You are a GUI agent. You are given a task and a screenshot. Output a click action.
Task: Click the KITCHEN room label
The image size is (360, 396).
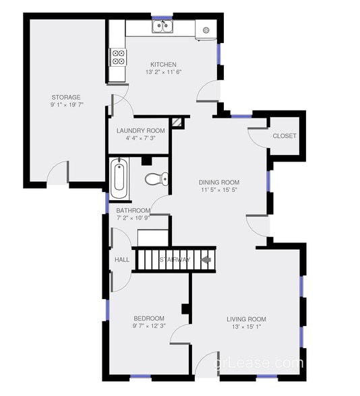click(163, 65)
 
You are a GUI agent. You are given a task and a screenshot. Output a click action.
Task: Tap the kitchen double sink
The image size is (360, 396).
click(162, 27)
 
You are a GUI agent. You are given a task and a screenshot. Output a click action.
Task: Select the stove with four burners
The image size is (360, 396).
click(118, 57)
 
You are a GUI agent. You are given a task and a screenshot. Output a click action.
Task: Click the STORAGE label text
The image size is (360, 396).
click(66, 98)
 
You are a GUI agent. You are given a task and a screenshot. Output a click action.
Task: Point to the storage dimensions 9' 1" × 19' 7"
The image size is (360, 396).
click(66, 106)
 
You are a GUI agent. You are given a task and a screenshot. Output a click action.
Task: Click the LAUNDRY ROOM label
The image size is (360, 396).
click(140, 131)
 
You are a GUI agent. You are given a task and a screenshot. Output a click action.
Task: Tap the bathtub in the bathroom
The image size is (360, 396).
click(119, 178)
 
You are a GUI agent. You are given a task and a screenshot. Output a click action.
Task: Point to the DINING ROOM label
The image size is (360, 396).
click(219, 183)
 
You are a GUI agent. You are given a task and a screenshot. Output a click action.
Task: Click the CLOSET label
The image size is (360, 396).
click(284, 136)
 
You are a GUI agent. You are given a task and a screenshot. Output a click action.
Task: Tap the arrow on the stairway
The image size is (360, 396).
click(206, 259)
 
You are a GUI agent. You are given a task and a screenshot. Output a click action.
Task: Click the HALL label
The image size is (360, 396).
click(122, 260)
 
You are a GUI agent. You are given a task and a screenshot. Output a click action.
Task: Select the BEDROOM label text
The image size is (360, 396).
click(149, 319)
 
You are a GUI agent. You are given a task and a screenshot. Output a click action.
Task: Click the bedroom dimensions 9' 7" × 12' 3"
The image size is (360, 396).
click(149, 327)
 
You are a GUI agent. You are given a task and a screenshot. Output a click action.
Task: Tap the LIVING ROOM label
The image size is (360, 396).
click(246, 319)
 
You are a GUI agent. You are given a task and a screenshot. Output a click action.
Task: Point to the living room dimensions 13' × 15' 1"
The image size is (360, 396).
click(246, 327)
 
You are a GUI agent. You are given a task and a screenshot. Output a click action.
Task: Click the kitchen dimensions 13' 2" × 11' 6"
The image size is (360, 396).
click(163, 73)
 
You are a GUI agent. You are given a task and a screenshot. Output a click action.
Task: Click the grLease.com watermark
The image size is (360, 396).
click(259, 364)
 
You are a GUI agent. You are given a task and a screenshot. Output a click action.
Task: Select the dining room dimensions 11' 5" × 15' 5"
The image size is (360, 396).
click(219, 191)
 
